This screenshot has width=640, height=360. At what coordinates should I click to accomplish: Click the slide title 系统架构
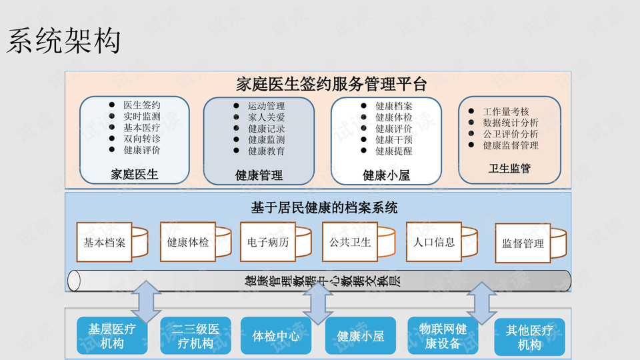(x=64, y=41)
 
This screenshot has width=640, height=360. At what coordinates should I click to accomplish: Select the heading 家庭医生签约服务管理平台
(x=331, y=84)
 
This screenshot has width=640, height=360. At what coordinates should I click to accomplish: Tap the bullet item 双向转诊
(x=142, y=139)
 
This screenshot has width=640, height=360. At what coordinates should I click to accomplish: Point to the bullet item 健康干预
(x=393, y=139)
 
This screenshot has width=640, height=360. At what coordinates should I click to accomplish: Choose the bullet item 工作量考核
(x=506, y=112)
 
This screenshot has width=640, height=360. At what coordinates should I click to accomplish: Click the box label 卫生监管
(x=510, y=169)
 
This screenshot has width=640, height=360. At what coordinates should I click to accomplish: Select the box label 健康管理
(x=259, y=175)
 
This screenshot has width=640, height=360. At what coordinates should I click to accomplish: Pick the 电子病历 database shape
(x=269, y=242)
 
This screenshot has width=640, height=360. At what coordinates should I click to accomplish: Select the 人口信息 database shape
(x=436, y=242)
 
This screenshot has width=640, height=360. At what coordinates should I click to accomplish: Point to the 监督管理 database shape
(x=526, y=244)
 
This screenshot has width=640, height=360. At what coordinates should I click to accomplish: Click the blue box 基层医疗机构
(x=112, y=337)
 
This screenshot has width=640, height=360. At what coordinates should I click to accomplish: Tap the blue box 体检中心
(x=276, y=336)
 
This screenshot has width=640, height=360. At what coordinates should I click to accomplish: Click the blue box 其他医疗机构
(x=529, y=337)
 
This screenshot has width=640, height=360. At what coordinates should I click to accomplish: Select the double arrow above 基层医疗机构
(x=146, y=302)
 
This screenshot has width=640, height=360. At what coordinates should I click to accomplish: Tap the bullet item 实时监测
(x=142, y=117)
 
